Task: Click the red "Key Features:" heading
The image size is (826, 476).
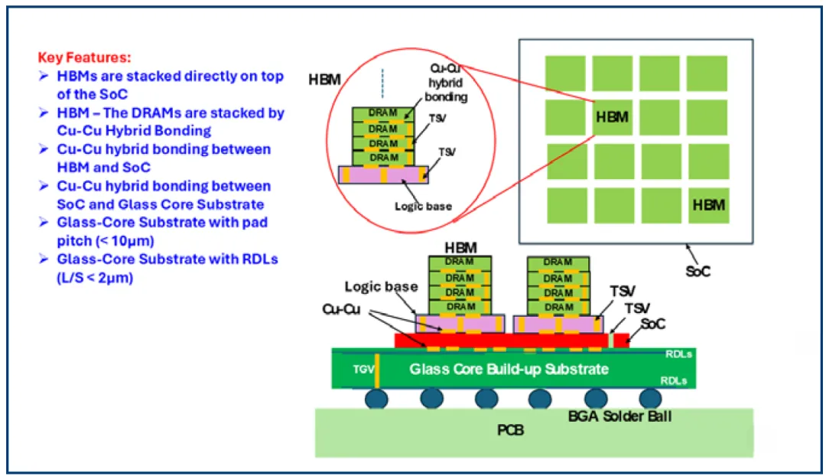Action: tap(84, 57)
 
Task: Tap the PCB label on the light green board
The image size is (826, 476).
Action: tap(510, 430)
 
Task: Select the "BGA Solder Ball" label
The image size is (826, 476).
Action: tap(619, 416)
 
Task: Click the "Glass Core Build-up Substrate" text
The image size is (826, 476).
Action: tap(509, 369)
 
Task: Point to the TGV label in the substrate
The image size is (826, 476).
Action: tap(363, 370)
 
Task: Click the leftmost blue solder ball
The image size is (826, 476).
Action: tap(376, 399)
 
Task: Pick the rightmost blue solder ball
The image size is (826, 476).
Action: tap(651, 399)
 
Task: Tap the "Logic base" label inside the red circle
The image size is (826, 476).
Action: tap(423, 206)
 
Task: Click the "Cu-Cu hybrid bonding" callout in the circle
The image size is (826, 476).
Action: tap(446, 83)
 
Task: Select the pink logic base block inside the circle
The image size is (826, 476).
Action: tap(383, 174)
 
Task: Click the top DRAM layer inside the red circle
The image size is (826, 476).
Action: tap(383, 114)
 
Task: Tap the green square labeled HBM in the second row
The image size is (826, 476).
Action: tap(612, 117)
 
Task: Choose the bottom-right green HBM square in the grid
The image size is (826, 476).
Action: tap(709, 205)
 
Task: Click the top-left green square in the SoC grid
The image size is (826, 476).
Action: tap(565, 73)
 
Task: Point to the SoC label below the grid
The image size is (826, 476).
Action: tap(698, 272)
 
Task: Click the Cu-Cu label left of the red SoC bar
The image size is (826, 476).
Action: tap(341, 309)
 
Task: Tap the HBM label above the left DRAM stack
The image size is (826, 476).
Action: tap(461, 248)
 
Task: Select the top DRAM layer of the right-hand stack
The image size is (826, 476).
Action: tap(558, 263)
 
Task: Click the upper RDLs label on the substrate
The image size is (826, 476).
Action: tap(678, 354)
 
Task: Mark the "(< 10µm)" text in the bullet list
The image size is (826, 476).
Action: tap(106, 241)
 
